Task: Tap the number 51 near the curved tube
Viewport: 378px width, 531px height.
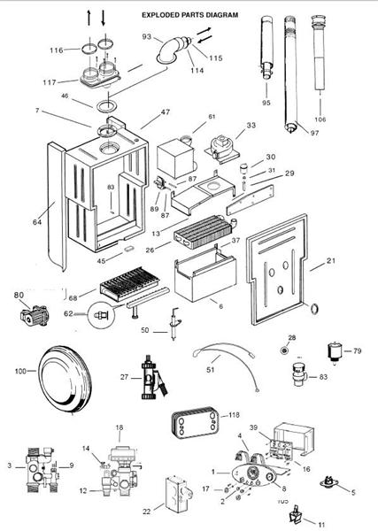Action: (x=211, y=369)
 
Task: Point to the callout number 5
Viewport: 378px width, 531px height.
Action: (x=353, y=492)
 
